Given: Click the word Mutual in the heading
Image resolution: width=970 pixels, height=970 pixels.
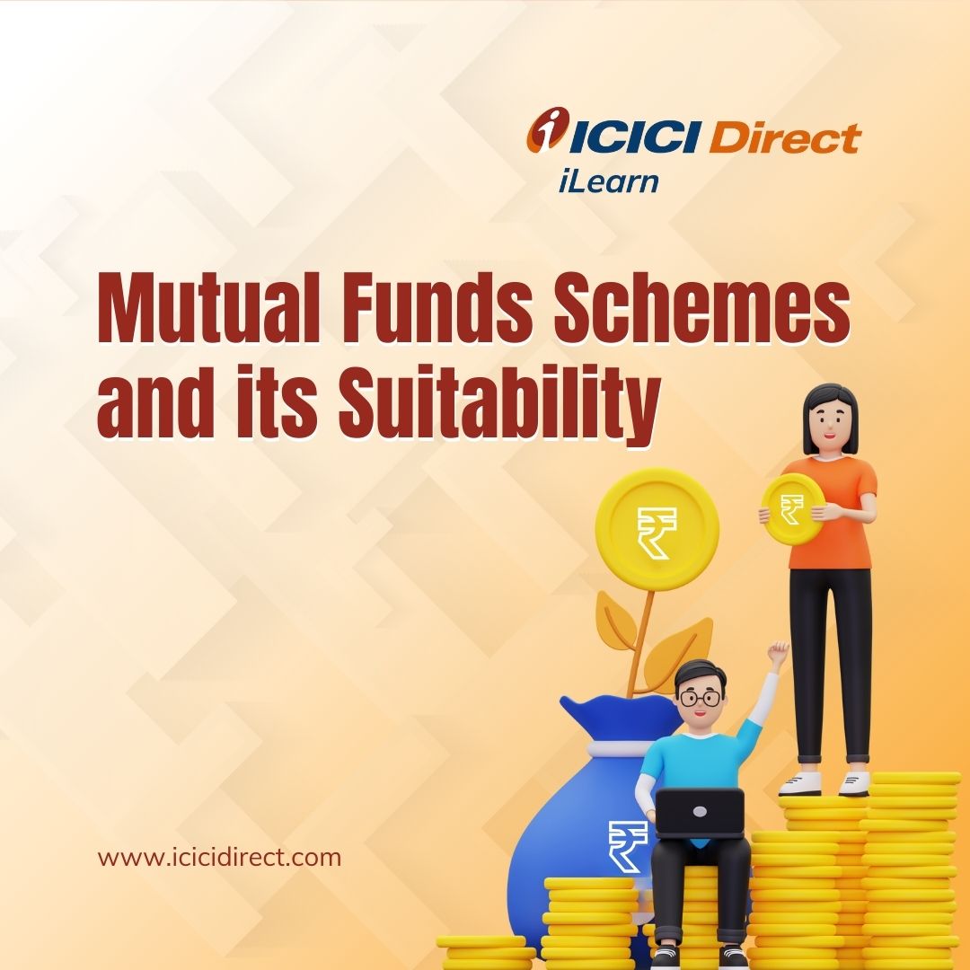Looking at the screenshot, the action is (x=207, y=308).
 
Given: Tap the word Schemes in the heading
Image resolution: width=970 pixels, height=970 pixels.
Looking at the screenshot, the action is (x=701, y=308).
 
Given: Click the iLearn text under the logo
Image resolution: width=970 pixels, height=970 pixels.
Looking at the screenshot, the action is (x=608, y=181).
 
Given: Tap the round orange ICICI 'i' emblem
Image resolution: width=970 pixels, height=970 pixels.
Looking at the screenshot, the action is (x=548, y=129).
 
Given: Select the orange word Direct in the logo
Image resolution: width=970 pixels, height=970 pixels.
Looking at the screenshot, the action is (x=784, y=137).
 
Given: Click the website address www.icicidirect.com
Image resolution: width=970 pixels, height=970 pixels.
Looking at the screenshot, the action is (x=219, y=858).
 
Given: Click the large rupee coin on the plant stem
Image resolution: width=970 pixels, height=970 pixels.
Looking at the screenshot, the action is (x=657, y=530).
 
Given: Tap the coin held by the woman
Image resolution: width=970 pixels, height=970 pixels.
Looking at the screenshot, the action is (x=792, y=508).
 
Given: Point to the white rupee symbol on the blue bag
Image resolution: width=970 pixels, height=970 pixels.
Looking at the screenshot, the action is (x=626, y=846).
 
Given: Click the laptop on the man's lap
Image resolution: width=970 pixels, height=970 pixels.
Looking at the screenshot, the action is (x=699, y=813).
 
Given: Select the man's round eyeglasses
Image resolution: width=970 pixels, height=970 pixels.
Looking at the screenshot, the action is (x=701, y=699).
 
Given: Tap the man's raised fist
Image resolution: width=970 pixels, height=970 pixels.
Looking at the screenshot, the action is (x=778, y=653).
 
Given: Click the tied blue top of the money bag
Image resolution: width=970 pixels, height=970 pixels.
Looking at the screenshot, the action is (x=620, y=719).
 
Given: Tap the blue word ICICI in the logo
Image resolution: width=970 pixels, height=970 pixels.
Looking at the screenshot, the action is (x=634, y=137).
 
